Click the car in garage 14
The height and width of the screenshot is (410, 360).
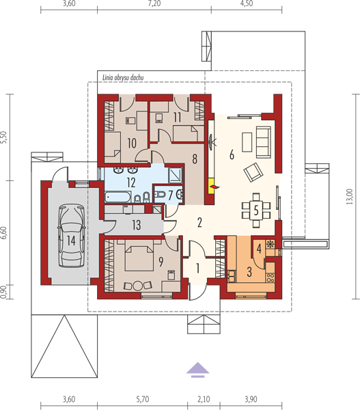point(71,236)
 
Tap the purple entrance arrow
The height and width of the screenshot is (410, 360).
point(197,370)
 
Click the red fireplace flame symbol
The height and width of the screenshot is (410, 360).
point(214,186)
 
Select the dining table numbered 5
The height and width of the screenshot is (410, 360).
point(256,210)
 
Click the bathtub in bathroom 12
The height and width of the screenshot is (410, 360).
point(117,197)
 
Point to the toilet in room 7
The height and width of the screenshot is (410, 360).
point(159,194)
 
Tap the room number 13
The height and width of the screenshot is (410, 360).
point(136,225)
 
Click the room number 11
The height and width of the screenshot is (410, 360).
point(177,117)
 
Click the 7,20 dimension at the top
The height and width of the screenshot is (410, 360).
point(154,3)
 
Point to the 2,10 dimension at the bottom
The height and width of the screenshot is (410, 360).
point(204,399)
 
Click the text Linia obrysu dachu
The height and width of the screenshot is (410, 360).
point(123,77)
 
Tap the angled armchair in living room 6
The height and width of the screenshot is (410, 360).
point(253,172)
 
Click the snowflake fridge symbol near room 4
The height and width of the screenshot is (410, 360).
point(269,244)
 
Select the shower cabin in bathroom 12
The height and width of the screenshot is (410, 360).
point(175,175)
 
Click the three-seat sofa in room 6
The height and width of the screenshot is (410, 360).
point(263,142)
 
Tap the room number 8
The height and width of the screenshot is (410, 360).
point(195,159)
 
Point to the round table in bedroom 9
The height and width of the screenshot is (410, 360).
point(138,286)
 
